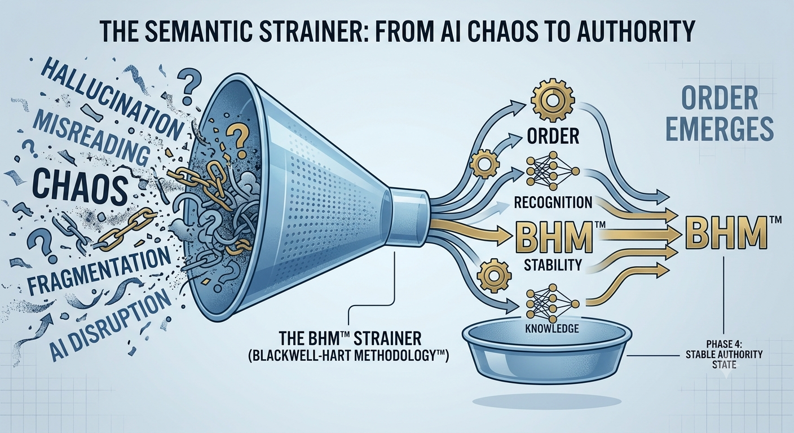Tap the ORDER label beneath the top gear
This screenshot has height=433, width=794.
pos(553,136)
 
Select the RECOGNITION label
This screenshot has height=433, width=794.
pos(553,202)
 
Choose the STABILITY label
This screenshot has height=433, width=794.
pos(553,264)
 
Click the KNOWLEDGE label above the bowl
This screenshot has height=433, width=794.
pos(553,328)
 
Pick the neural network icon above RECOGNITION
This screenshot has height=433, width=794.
pos(552,171)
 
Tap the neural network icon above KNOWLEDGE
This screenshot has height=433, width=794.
pos(552,304)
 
